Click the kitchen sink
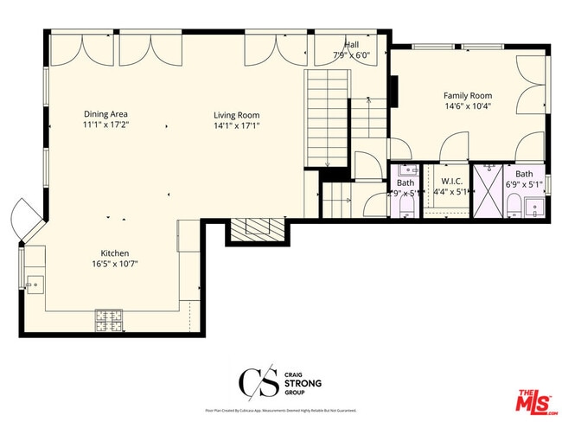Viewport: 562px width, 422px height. (35, 281)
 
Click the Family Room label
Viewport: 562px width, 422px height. (468, 95)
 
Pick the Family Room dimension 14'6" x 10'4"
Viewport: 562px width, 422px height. (468, 106)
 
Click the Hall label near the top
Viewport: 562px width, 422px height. (351, 44)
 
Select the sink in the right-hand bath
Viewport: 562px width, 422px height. (535, 208)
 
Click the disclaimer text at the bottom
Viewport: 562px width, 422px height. (280, 411)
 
